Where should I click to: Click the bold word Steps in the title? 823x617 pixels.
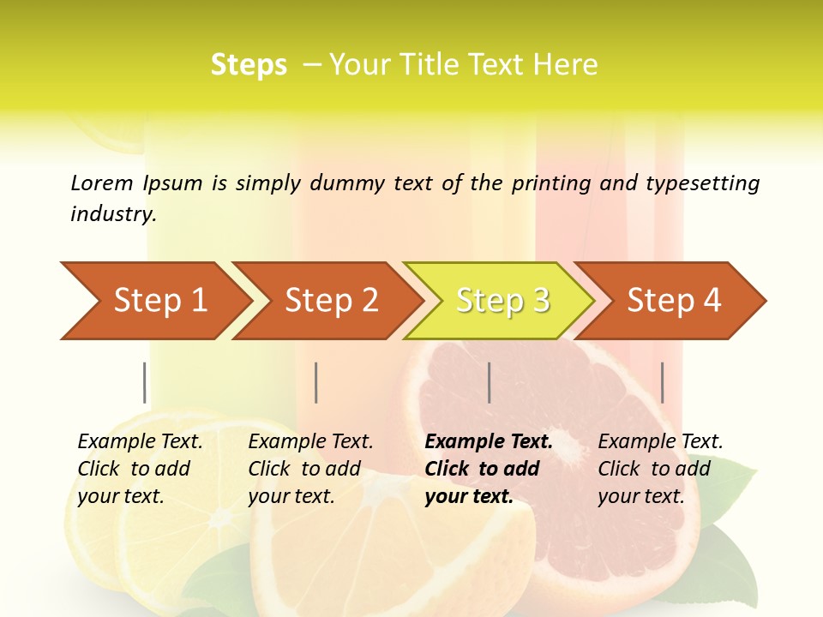(x=249, y=65)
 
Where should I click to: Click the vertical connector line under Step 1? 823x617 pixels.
(x=145, y=382)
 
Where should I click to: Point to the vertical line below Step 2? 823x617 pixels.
(x=316, y=382)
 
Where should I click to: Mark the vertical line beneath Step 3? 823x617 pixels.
(x=489, y=382)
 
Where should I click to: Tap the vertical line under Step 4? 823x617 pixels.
(x=662, y=382)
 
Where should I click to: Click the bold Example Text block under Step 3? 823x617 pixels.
(x=489, y=469)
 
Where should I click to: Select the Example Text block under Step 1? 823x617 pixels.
(x=140, y=469)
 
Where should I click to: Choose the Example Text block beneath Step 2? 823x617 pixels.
(x=310, y=469)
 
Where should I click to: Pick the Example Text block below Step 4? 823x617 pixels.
(x=660, y=469)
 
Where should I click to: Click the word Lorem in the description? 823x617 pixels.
(x=102, y=183)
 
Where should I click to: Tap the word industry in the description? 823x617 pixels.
(x=112, y=214)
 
